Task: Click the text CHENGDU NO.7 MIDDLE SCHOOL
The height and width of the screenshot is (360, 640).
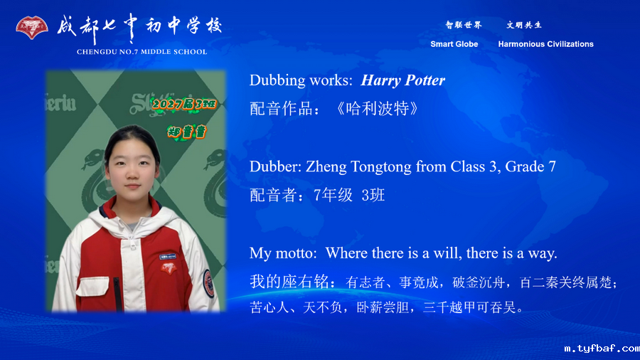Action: pos(142,52)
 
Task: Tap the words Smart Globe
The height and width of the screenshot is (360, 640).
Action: pos(454,44)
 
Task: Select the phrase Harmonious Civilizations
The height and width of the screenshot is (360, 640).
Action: pos(545,44)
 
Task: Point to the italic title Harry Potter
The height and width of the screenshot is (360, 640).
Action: pos(402,80)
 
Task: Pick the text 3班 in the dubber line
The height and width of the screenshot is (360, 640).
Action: pos(373,195)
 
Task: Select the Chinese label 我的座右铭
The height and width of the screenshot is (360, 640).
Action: pos(291,282)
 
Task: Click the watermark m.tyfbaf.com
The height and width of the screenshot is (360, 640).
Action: pos(601,349)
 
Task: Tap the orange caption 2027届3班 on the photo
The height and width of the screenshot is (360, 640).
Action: pos(182,105)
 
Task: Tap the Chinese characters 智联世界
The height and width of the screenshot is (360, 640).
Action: pos(463,25)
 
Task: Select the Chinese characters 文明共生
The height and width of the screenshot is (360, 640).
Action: pos(524,25)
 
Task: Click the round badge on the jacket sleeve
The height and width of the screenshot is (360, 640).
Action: pos(208,279)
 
